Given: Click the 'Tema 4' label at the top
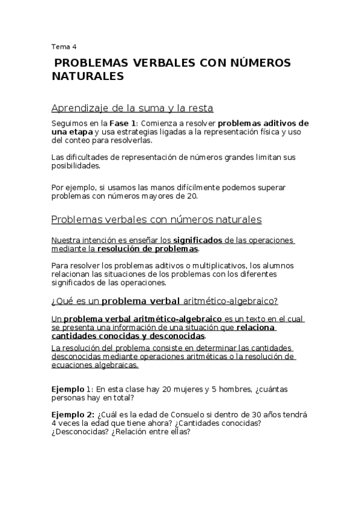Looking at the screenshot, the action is [64, 46].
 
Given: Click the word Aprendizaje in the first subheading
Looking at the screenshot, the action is [80, 108].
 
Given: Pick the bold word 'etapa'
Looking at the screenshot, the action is [81, 132].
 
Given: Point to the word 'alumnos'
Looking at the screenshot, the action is [281, 265].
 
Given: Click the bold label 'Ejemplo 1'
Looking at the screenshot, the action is [72, 389].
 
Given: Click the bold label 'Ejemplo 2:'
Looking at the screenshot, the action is [73, 414].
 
